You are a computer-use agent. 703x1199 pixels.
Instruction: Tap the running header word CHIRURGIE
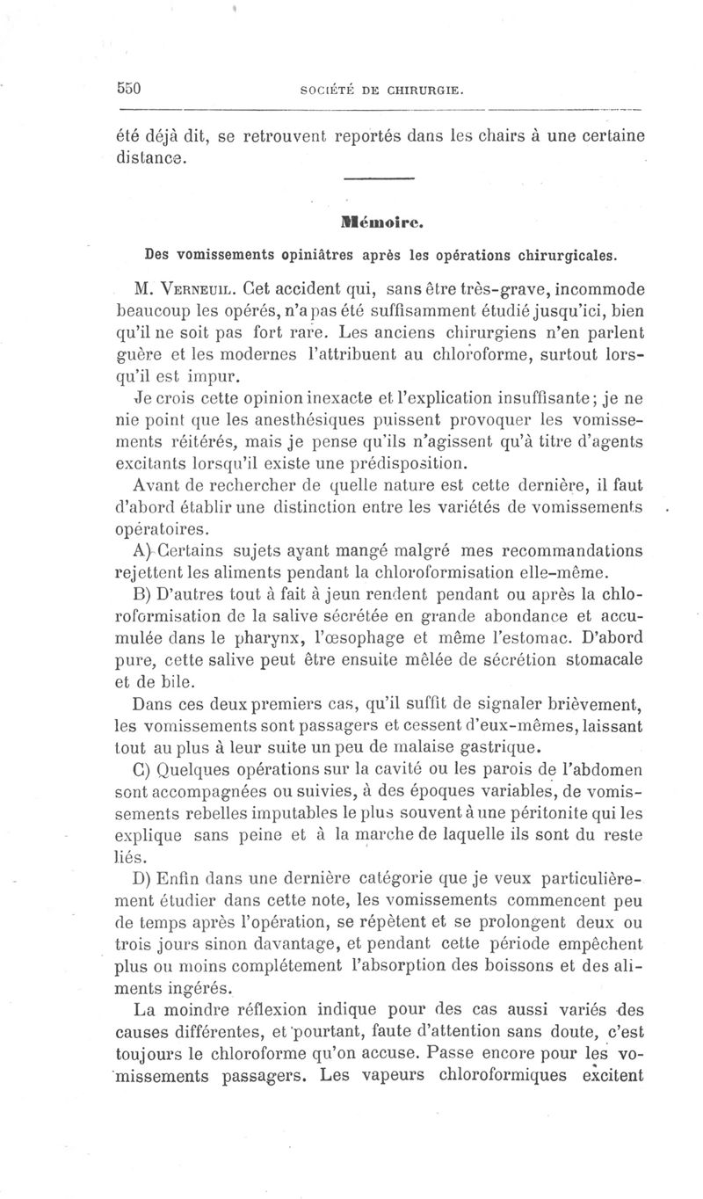(424, 90)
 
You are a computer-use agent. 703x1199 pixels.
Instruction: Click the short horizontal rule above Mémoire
(379, 180)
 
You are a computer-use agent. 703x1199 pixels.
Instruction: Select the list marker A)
(143, 551)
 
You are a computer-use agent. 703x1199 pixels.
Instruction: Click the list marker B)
(143, 594)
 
